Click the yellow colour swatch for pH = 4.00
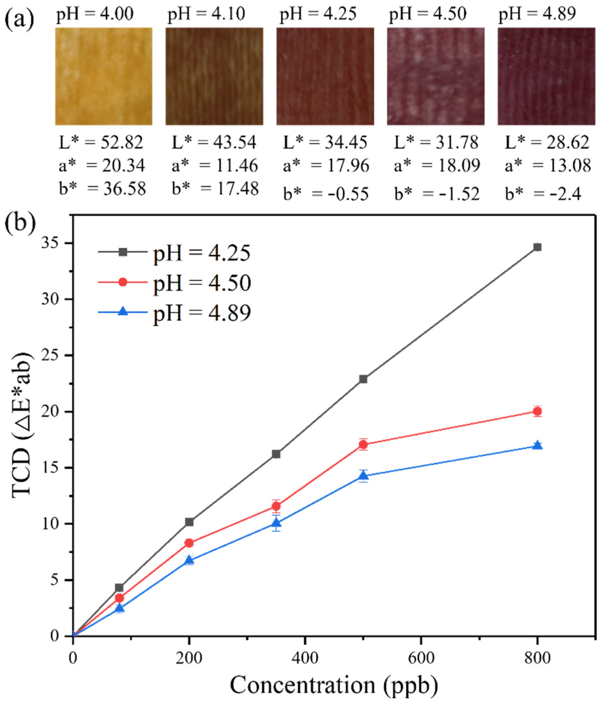[104, 76]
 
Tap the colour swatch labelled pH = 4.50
[436, 76]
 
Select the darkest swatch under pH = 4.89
[546, 76]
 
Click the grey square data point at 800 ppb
[537, 247]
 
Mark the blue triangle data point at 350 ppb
[276, 523]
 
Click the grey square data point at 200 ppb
[189, 522]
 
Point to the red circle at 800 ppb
[537, 411]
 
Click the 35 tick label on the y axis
[52, 244]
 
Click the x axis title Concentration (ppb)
[333, 685]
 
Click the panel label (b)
[20, 222]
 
